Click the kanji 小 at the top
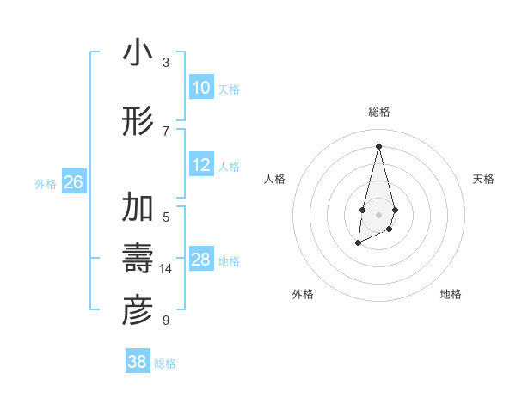[138, 53]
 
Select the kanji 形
[138, 121]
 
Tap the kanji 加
[138, 209]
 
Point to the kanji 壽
[138, 259]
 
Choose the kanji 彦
[138, 311]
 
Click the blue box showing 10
[201, 88]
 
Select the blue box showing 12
[201, 165]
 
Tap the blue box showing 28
[201, 260]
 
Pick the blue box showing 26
[73, 182]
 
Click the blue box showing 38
[138, 362]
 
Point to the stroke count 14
[166, 269]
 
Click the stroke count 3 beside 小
[166, 62]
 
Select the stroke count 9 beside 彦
[166, 321]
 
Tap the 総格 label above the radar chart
[378, 113]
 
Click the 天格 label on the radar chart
[483, 179]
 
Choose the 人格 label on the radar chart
[274, 179]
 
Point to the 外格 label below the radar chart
[302, 294]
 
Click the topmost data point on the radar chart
[378, 145]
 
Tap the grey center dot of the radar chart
[378, 213]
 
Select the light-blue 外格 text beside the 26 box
[46, 183]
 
